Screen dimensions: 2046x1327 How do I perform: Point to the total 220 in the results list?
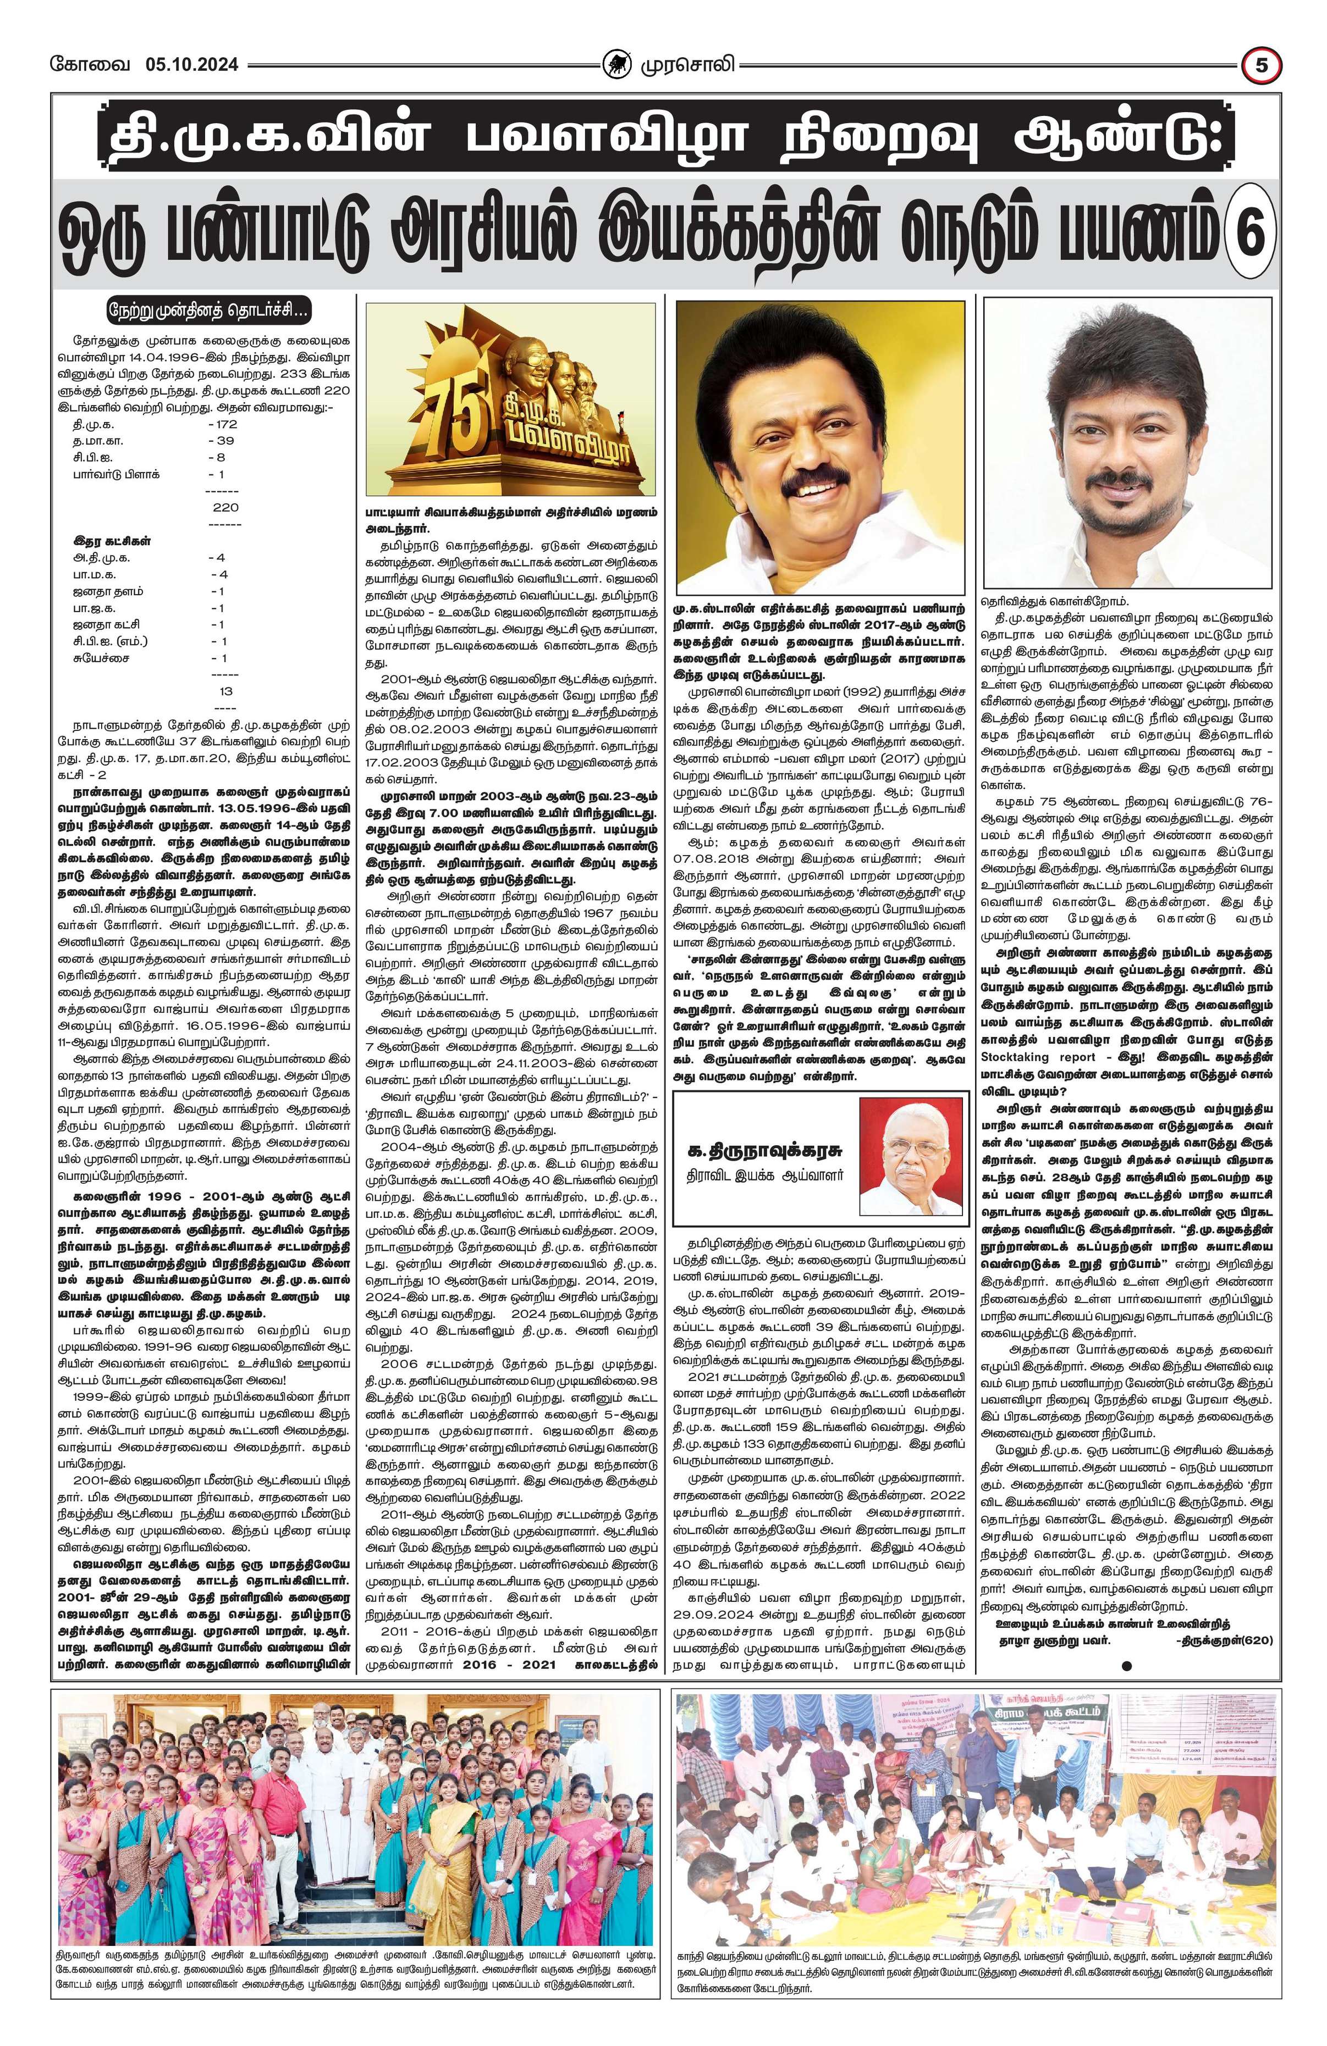225,507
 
